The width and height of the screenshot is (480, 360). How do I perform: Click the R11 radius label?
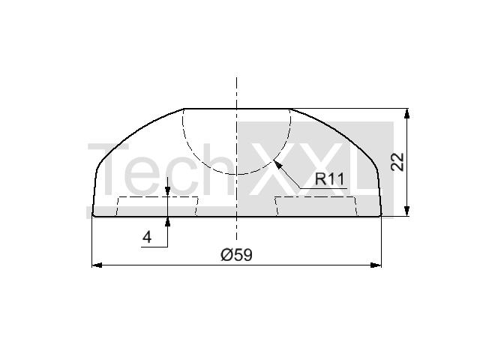[x=330, y=179]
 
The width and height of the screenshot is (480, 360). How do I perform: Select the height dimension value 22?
[x=397, y=162]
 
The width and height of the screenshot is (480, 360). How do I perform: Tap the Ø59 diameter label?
[x=237, y=255]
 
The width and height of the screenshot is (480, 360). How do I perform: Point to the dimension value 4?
[x=147, y=237]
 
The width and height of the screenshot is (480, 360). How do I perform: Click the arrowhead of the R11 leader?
[x=277, y=163]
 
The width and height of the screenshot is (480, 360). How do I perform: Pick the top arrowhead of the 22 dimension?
[x=406, y=113]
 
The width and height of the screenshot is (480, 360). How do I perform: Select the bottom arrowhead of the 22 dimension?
[x=406, y=211]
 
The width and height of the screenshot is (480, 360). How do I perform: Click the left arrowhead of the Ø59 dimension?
[x=97, y=265]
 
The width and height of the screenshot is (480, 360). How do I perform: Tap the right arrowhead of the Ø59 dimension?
[x=376, y=265]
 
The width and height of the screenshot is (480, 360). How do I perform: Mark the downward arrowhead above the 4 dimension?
[x=167, y=191]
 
